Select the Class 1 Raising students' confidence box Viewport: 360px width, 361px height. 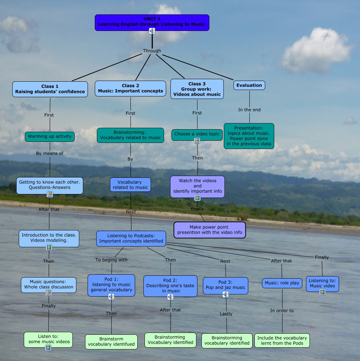pyautogui.click(x=50, y=89)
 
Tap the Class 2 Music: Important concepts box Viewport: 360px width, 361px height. pyautogui.click(x=130, y=88)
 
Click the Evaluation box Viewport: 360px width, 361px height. pyautogui.click(x=249, y=85)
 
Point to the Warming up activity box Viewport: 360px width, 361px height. pyautogui.click(x=50, y=136)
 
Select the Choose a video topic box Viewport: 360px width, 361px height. pyautogui.click(x=197, y=134)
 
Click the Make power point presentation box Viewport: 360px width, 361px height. pyautogui.click(x=209, y=230)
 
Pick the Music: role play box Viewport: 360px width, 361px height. pyautogui.click(x=282, y=283)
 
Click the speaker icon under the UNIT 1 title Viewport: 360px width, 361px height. pyautogui.click(x=152, y=31)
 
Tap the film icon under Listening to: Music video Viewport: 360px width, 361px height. pyautogui.click(x=323, y=292)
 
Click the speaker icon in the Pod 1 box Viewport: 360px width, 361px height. pyautogui.click(x=111, y=297)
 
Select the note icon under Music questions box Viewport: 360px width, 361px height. pyautogui.click(x=49, y=293)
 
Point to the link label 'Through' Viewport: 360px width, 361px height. pyautogui.click(x=152, y=51)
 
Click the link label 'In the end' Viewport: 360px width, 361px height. pyautogui.click(x=249, y=110)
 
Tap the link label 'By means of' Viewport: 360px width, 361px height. pyautogui.click(x=50, y=153)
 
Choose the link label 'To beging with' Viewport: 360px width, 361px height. pyautogui.click(x=111, y=260)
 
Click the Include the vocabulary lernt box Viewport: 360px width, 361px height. pyautogui.click(x=282, y=340)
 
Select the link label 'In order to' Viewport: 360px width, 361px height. pyautogui.click(x=282, y=311)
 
